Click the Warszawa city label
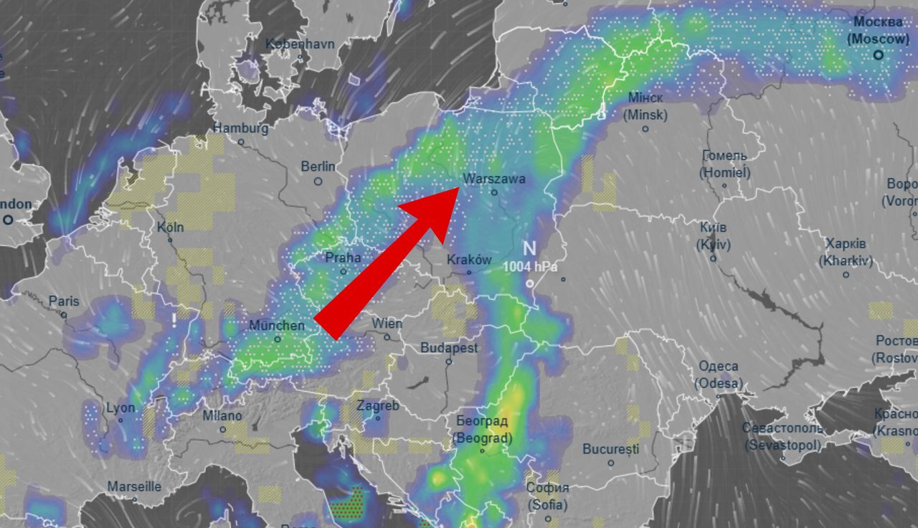click(x=495, y=179)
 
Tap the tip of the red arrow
click(x=459, y=189)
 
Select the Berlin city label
click(x=318, y=166)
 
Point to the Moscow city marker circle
click(x=878, y=55)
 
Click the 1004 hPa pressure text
click(x=529, y=266)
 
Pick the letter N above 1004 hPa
click(x=529, y=249)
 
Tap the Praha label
click(x=343, y=258)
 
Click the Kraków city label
click(x=469, y=260)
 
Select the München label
click(x=277, y=326)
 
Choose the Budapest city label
click(x=449, y=348)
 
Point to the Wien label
click(x=387, y=324)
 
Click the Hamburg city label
click(x=241, y=128)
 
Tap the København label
click(x=300, y=44)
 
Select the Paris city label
click(x=64, y=301)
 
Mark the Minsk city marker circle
click(x=645, y=129)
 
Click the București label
click(x=610, y=450)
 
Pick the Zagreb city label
click(x=378, y=406)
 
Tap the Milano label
click(x=222, y=415)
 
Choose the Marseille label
click(x=134, y=486)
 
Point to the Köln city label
click(x=171, y=227)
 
